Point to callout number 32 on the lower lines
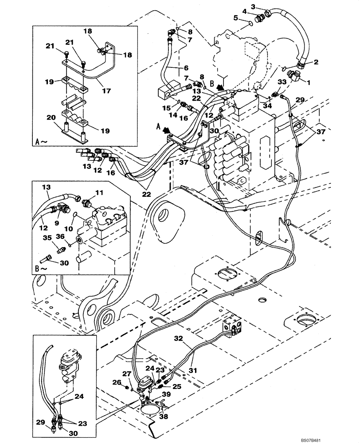click(179, 338)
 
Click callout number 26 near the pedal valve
click(116, 382)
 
